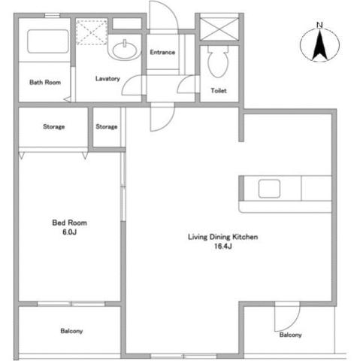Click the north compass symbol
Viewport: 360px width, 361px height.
[x=319, y=47]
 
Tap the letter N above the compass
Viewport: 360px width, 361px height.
[x=319, y=26]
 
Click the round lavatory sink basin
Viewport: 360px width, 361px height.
[x=123, y=50]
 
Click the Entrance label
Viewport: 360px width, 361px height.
[x=162, y=53]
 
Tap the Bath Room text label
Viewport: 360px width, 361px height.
[x=44, y=83]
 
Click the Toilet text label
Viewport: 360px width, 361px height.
[x=219, y=92]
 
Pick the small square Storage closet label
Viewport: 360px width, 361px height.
[x=107, y=127]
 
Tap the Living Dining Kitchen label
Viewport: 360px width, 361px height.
[x=223, y=237]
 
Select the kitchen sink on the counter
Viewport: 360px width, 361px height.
[x=270, y=188]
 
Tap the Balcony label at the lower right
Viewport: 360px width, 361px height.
[x=290, y=335]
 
